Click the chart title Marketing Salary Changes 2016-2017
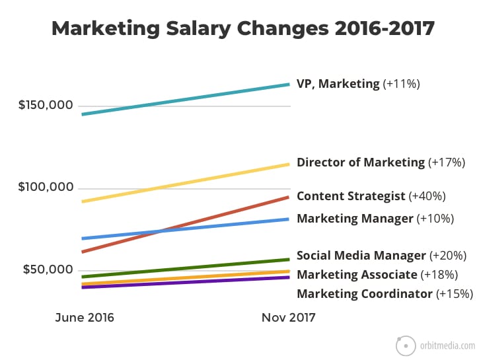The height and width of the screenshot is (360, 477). pos(242,28)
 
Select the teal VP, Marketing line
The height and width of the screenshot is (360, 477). pos(185,99)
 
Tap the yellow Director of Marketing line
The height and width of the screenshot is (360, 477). pos(185,182)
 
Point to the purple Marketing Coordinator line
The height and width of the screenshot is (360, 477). pos(185,282)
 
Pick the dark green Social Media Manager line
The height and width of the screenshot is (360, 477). pos(185,268)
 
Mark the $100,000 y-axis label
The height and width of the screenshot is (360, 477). pos(47,188)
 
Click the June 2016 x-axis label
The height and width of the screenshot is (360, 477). pos(84,318)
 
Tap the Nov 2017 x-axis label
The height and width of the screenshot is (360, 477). pos(289,318)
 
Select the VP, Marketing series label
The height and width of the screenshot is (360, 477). pos(338,84)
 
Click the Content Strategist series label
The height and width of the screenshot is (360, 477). pos(351,196)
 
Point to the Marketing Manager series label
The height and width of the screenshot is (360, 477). pos(355,219)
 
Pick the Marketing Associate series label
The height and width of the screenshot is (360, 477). pos(357,275)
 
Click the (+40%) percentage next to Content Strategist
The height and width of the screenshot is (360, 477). pos(427,196)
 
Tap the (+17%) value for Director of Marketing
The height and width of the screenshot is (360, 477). pos(447,162)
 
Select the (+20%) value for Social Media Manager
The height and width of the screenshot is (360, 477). pos(448,256)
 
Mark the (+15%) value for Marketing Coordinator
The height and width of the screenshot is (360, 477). pos(455,294)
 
